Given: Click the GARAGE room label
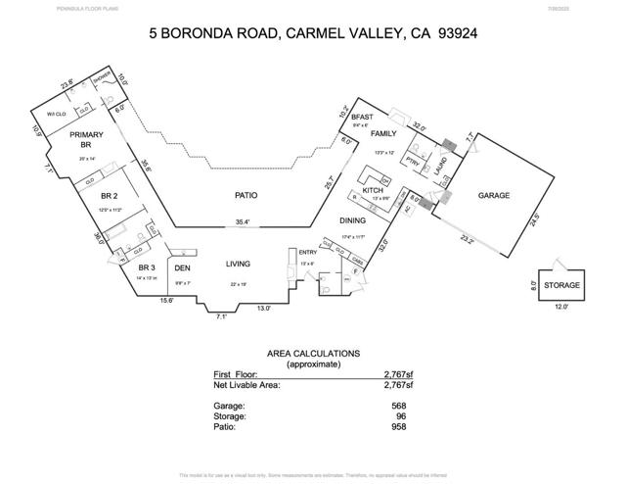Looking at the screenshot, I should [494, 196].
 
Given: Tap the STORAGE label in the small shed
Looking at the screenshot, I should [561, 286].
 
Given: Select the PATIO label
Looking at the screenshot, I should [246, 195].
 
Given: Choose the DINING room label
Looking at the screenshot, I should [352, 221].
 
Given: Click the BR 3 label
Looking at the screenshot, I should [147, 267].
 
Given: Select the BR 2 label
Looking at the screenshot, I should [110, 196].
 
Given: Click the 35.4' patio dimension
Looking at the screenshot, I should [242, 222].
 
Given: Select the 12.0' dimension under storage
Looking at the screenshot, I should [560, 308].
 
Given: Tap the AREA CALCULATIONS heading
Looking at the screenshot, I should [313, 353].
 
